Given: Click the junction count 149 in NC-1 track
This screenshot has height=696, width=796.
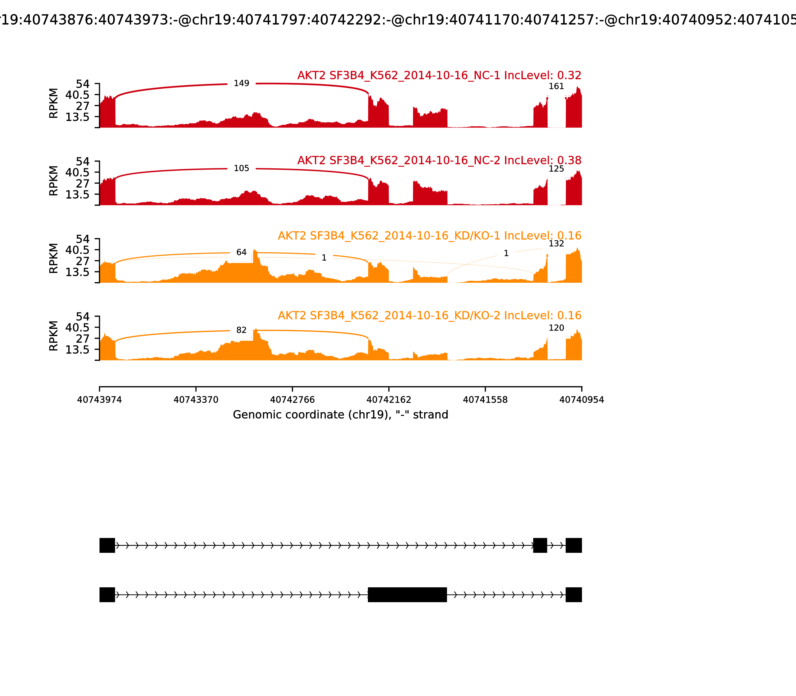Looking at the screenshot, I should coord(241,84).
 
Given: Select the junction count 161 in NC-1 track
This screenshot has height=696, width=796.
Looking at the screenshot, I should coord(556,86).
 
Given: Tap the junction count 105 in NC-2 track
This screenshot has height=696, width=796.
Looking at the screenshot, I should coord(241,169).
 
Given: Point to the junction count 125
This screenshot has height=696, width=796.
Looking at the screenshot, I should coord(556,169).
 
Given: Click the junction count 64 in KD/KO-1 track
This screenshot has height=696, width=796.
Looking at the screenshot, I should coord(241,253).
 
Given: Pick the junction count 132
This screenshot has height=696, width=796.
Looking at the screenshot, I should coord(556,244).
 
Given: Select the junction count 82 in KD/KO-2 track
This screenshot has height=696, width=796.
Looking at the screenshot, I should coord(241,330).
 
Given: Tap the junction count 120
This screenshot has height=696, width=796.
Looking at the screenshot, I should coord(556,328).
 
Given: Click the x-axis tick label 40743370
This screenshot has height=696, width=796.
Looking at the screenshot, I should coord(196,400).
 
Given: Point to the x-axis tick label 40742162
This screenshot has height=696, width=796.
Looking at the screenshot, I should coord(389,400).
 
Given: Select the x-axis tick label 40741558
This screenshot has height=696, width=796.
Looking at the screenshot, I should coord(485,400).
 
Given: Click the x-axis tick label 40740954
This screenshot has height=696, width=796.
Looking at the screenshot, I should coord(582,400).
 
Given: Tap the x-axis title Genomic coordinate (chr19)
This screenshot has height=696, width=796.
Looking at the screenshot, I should coord(341,415).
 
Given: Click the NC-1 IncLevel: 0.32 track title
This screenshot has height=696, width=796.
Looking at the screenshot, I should coord(439,75).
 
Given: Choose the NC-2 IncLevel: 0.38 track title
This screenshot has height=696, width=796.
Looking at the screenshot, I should coord(439,160).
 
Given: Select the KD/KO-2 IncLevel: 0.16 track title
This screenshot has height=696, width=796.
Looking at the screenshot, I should coord(430,315).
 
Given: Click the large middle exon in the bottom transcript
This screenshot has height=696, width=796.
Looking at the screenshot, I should coord(407,595).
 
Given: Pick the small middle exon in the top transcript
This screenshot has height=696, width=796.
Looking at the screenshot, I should coord(540,545).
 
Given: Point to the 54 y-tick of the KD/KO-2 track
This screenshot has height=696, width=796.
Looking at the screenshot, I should coord(82,316).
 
